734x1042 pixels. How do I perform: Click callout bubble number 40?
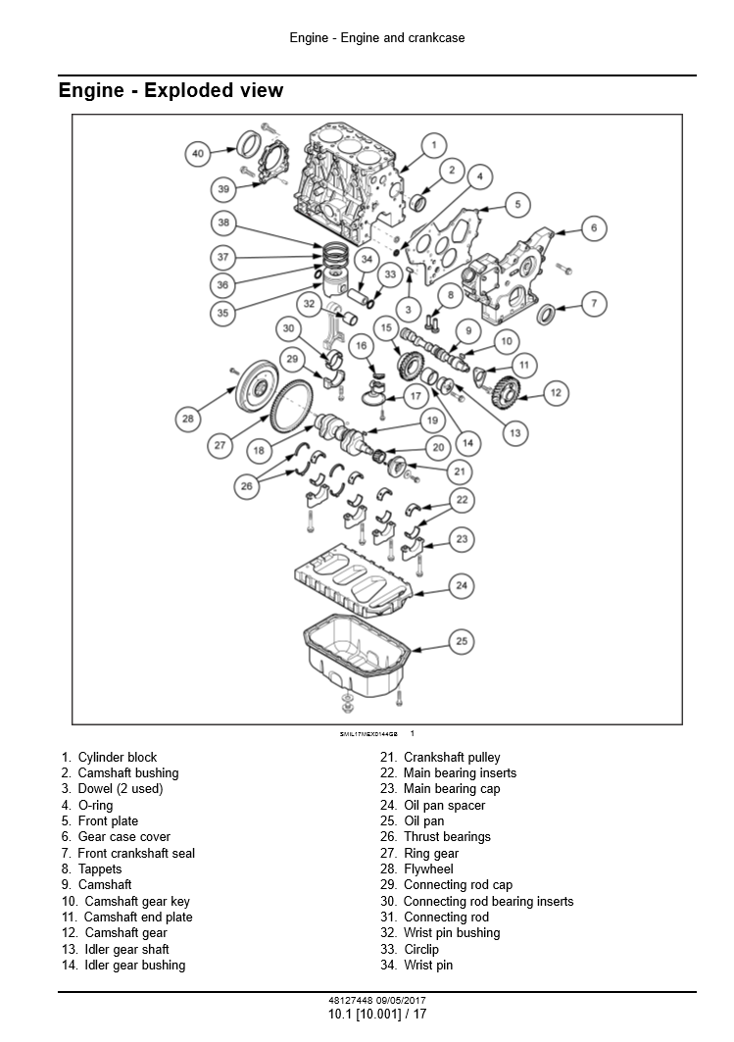point(198,153)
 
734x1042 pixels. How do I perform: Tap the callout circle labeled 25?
point(462,641)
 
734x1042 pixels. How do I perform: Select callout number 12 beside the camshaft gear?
point(555,393)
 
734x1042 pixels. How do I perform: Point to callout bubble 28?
point(188,420)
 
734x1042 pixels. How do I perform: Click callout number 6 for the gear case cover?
point(593,228)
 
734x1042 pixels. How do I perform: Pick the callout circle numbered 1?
point(432,145)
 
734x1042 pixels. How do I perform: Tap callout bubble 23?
point(462,538)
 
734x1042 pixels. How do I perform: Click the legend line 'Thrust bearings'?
point(447,836)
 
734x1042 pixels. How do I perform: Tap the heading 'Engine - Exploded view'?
point(171,91)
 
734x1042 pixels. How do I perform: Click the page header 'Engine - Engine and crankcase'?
point(377,38)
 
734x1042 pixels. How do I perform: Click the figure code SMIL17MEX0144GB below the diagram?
point(368,733)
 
